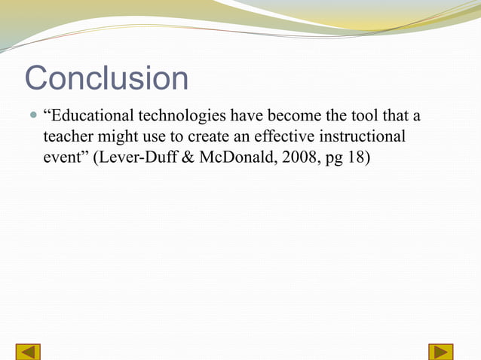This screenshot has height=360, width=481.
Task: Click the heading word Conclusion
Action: pos(106,78)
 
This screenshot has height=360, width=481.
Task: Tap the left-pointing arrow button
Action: pos(28,351)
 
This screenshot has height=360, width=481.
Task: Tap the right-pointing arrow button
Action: pos(440,351)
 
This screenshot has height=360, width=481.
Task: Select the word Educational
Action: pos(90,117)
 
